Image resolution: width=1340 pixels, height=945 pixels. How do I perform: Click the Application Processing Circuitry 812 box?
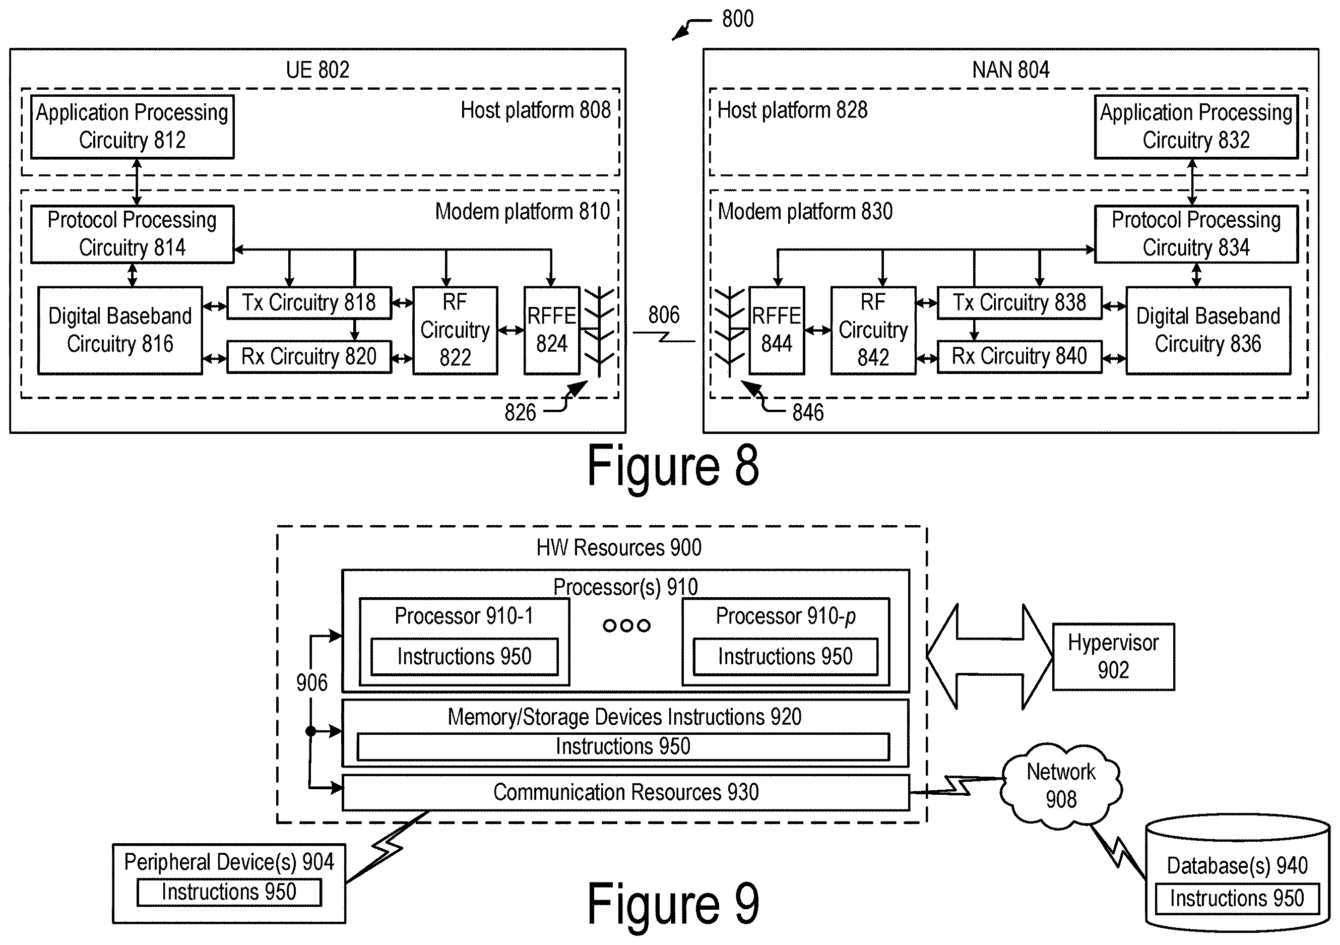point(133,127)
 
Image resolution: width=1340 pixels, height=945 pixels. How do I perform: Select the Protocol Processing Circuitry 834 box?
point(1196,233)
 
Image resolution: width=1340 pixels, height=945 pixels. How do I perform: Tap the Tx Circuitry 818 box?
point(309,302)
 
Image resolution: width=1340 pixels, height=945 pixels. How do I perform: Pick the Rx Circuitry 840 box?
point(1019,356)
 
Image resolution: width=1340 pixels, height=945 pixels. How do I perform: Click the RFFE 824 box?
point(551,330)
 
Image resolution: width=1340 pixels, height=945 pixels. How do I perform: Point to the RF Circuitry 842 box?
point(873,330)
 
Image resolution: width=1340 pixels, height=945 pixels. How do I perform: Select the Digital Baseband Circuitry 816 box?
point(120,330)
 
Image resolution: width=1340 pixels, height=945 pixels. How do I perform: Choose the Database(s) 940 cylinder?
point(1237,873)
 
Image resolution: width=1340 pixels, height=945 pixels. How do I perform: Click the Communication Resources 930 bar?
point(625,793)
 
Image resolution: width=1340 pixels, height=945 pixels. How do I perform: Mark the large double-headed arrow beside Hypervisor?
point(990,657)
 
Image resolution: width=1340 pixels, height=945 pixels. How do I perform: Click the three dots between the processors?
point(626,626)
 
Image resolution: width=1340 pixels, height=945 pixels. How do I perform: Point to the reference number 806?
point(664,315)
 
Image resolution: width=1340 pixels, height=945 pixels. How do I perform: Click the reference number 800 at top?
point(738,19)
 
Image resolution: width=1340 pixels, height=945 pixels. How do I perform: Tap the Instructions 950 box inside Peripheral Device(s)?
point(229,892)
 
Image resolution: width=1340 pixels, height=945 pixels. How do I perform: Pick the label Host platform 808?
point(535,110)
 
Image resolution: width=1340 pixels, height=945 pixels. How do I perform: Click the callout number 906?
point(311,682)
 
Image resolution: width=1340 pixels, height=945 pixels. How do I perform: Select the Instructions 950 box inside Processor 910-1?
point(465,657)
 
